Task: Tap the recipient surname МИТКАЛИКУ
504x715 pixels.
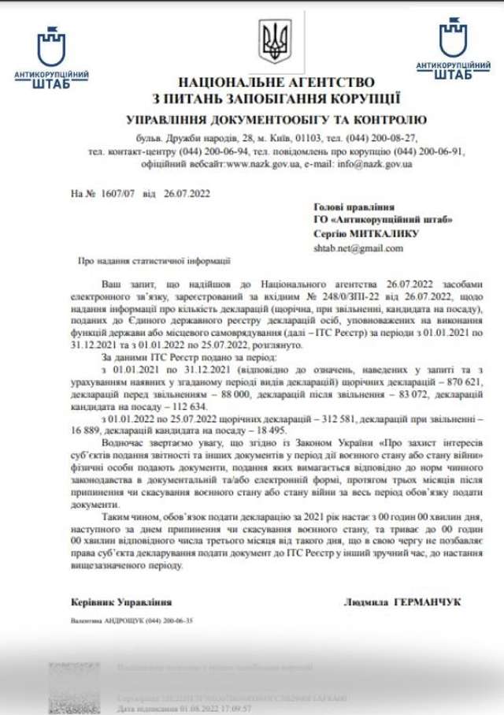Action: (x=389, y=233)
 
